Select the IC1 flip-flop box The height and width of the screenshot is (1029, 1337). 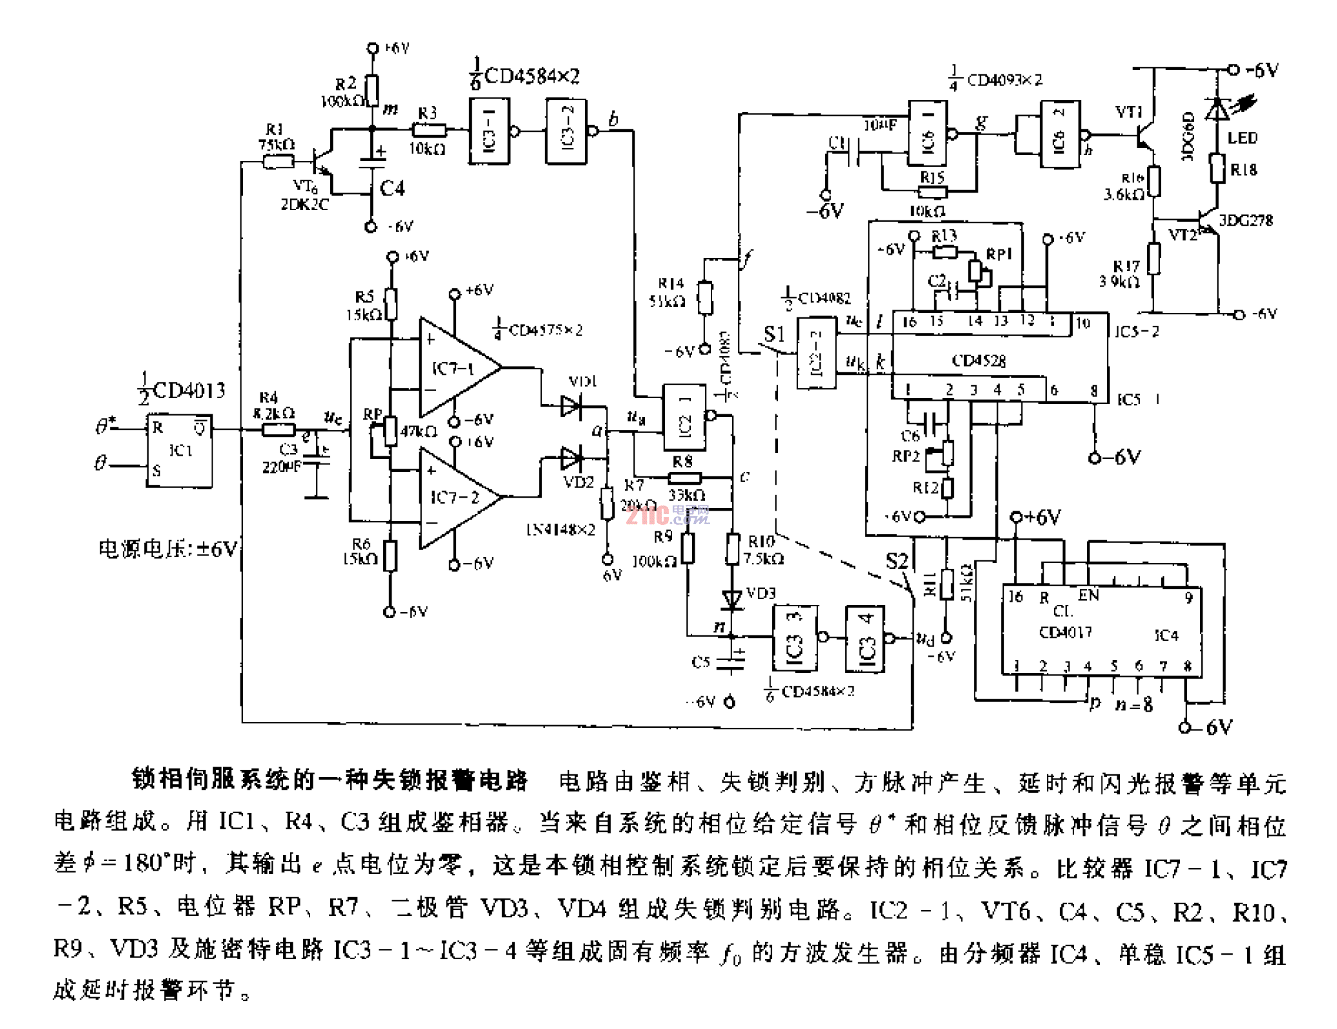pyautogui.click(x=180, y=451)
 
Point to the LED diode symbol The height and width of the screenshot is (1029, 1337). pyautogui.click(x=1217, y=109)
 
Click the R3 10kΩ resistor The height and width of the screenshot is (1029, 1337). pyautogui.click(x=428, y=131)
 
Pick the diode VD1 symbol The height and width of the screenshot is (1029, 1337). pyautogui.click(x=572, y=407)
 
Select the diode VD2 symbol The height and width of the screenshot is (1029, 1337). pyautogui.click(x=572, y=459)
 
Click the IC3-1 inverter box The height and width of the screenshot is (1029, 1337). pyautogui.click(x=489, y=131)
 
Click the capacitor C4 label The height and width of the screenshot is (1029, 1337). pyautogui.click(x=392, y=188)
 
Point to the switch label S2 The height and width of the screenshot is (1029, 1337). pyautogui.click(x=896, y=561)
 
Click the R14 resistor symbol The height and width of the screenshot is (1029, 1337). pyautogui.click(x=705, y=298)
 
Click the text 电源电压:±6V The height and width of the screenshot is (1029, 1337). pyautogui.click(x=168, y=549)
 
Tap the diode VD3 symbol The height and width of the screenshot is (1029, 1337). pyautogui.click(x=732, y=599)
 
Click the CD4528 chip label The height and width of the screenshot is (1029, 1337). pyautogui.click(x=978, y=361)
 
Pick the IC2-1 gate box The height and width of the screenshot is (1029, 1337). pyautogui.click(x=684, y=417)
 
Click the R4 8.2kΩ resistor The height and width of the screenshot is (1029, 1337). pyautogui.click(x=279, y=429)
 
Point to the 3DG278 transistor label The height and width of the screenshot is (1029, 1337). pyautogui.click(x=1245, y=221)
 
